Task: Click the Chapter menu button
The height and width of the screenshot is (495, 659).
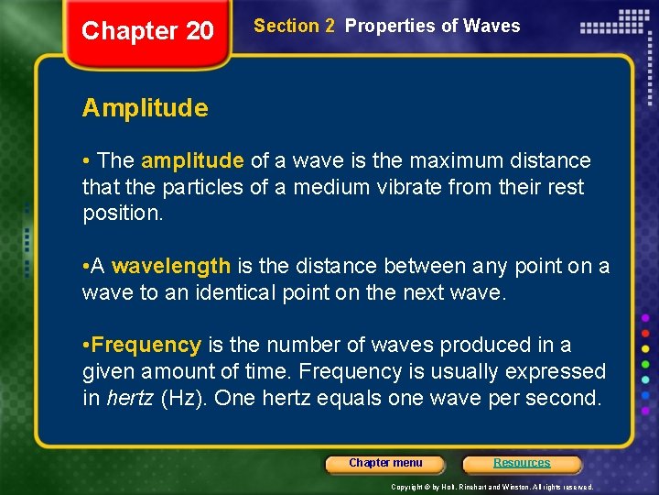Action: [x=385, y=464]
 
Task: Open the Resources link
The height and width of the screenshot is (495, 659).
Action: [x=522, y=464]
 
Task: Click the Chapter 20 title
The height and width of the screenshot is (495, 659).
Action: [x=147, y=31]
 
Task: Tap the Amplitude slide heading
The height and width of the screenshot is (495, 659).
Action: [x=145, y=108]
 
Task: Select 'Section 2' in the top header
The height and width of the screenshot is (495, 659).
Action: [x=294, y=27]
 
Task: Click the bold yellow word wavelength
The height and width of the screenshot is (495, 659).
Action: [x=171, y=267]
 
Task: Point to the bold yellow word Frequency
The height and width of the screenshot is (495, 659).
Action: [x=146, y=346]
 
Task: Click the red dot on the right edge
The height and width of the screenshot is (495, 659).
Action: [x=645, y=332]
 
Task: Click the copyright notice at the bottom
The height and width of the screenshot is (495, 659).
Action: [x=492, y=487]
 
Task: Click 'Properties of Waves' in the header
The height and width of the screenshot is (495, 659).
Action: [x=432, y=27]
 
